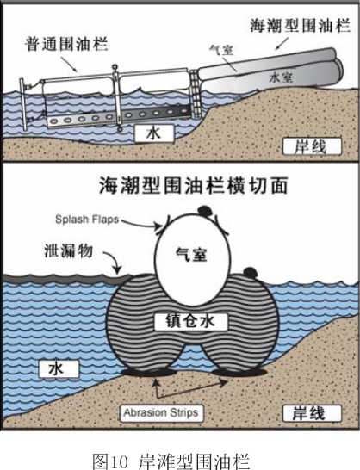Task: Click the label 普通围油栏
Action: pyautogui.click(x=66, y=45)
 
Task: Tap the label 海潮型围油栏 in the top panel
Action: pyautogui.click(x=300, y=25)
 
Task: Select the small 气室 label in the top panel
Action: pyautogui.click(x=221, y=50)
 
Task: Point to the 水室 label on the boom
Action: pyautogui.click(x=281, y=77)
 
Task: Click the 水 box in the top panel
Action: pyautogui.click(x=154, y=133)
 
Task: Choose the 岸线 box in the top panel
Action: pyautogui.click(x=312, y=146)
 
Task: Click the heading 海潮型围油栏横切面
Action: pyautogui.click(x=194, y=185)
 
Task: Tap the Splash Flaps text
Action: pyautogui.click(x=87, y=220)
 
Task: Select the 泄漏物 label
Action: pyautogui.click(x=69, y=250)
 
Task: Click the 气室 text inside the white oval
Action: pyautogui.click(x=191, y=255)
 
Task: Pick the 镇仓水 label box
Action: pyautogui.click(x=191, y=322)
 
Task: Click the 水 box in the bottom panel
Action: pyautogui.click(x=59, y=368)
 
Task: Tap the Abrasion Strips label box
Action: pyautogui.click(x=161, y=413)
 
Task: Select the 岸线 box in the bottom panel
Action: pyautogui.click(x=312, y=413)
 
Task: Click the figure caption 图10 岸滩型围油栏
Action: pyautogui.click(x=171, y=461)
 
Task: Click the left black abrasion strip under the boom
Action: pyautogui.click(x=149, y=373)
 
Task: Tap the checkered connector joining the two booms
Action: pyautogui.click(x=196, y=94)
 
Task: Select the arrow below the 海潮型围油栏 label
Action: pyautogui.click(x=282, y=43)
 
